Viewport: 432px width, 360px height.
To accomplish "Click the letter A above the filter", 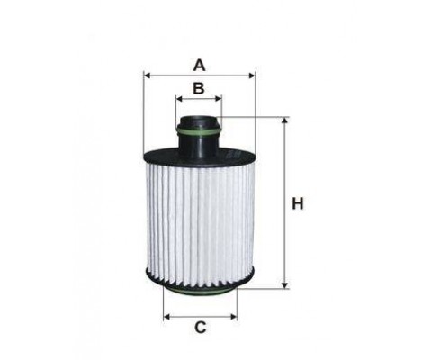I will click(200, 64).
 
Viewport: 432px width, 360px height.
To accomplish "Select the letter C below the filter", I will click(200, 328).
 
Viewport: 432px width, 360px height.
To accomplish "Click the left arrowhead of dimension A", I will click(147, 76).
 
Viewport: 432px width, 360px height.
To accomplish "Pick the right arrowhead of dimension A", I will click(252, 76).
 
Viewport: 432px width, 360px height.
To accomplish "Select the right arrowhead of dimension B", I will click(219, 100).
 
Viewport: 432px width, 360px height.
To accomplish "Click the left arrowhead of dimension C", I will click(166, 316).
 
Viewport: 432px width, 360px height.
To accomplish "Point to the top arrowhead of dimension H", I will click(285, 121).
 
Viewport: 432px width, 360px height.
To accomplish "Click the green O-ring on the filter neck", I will click(199, 134).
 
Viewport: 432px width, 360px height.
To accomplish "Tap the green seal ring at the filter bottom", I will click(200, 286).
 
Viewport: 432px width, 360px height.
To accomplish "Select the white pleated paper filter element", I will click(200, 216).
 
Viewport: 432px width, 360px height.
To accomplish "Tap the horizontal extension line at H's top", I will click(256, 117).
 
